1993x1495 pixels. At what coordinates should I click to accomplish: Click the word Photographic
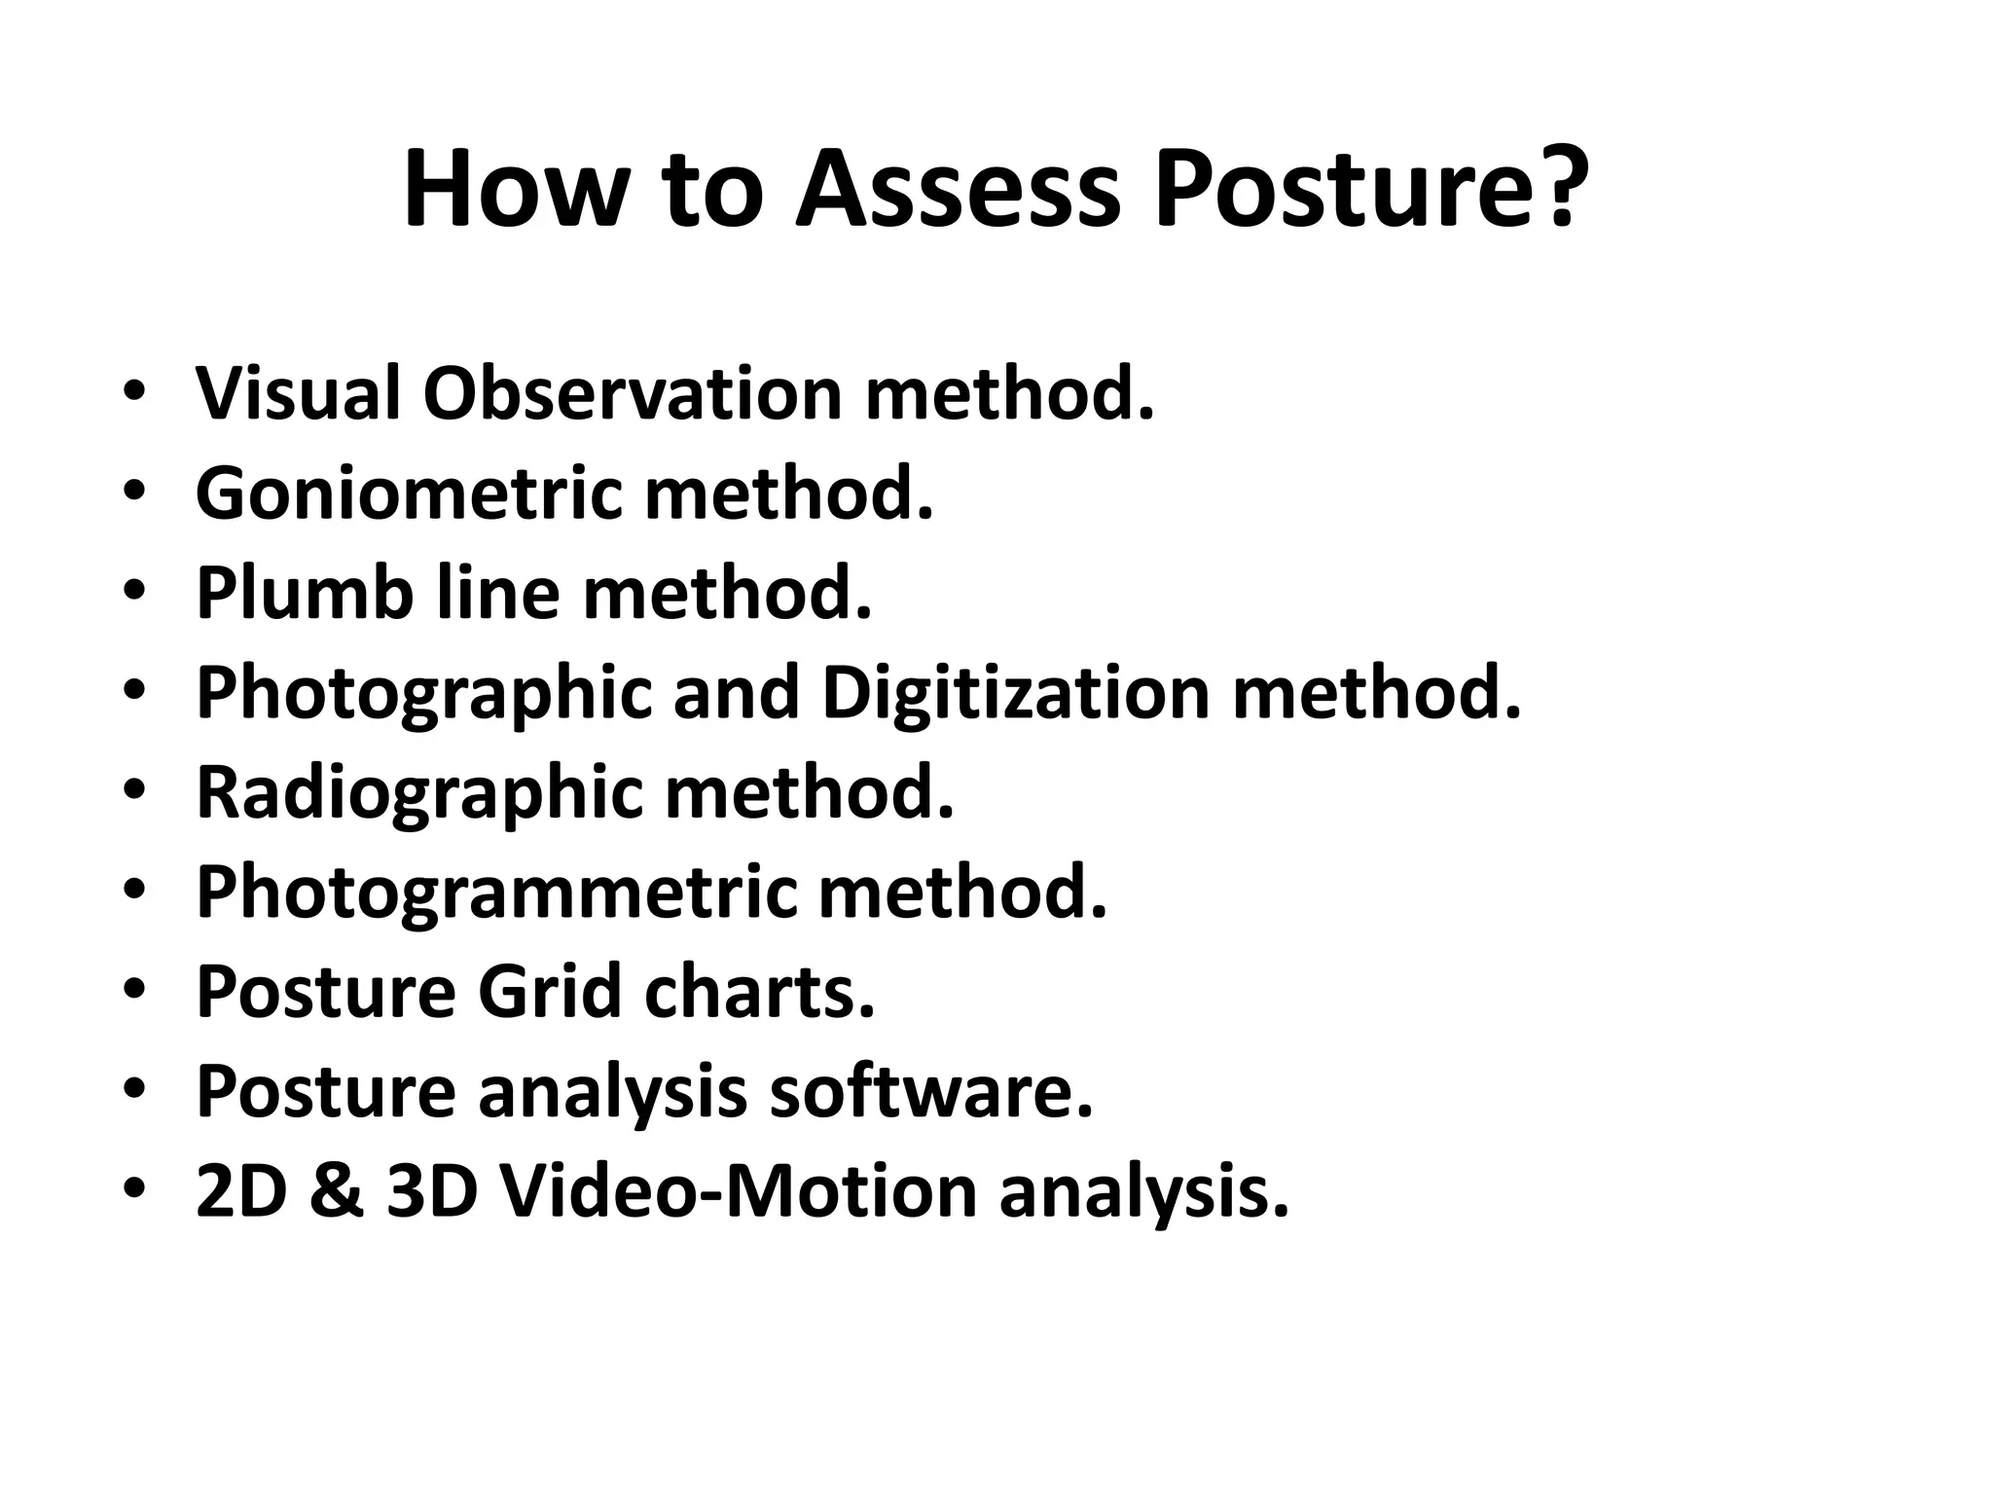pyautogui.click(x=423, y=694)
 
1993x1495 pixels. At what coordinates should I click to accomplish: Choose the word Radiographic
pyautogui.click(x=419, y=792)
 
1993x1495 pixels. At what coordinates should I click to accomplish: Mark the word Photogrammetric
pyautogui.click(x=496, y=893)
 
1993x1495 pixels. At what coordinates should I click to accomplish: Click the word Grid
pyautogui.click(x=550, y=992)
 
